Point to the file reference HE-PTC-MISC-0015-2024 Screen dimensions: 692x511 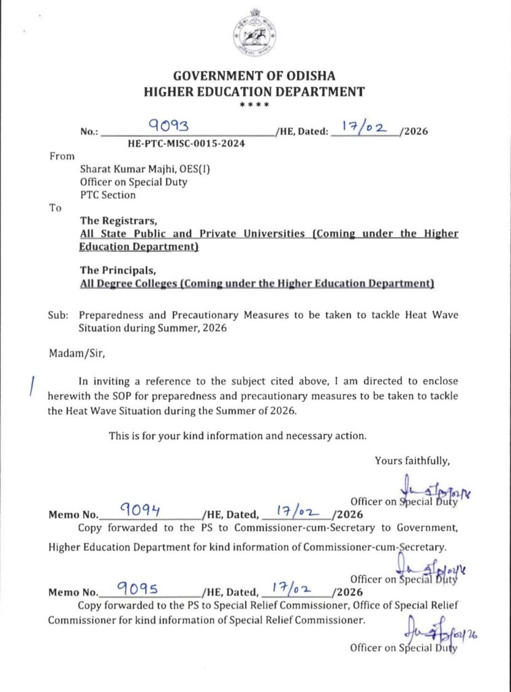(x=186, y=144)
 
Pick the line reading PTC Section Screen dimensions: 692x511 (x=108, y=195)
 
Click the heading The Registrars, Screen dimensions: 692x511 (x=119, y=220)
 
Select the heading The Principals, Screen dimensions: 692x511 (x=119, y=270)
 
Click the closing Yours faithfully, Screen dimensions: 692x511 (x=412, y=461)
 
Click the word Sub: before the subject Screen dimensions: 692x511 (x=59, y=315)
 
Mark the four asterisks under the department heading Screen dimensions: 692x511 (x=254, y=105)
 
